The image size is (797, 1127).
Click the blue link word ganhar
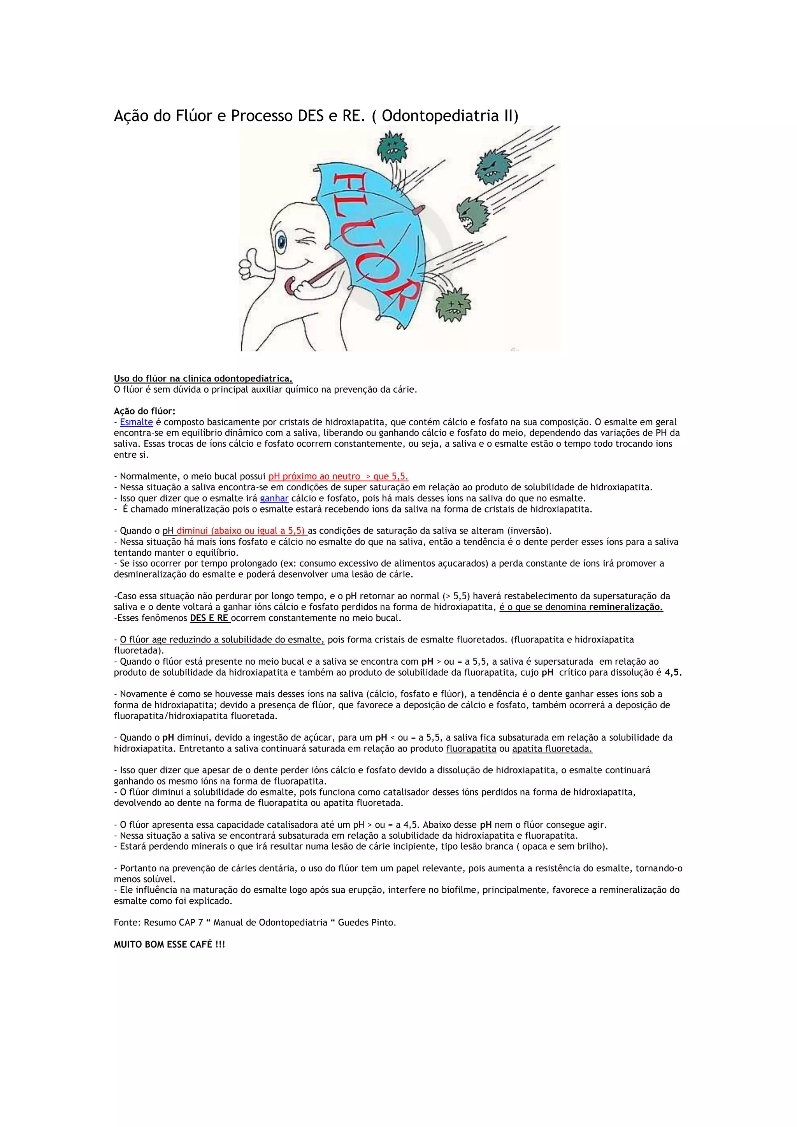click(x=274, y=498)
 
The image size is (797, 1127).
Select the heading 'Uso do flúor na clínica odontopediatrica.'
click(x=203, y=378)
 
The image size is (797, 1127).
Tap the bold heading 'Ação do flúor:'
click(x=144, y=411)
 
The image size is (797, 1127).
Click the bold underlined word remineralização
click(x=626, y=607)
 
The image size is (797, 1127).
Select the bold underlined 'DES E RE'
click(x=209, y=618)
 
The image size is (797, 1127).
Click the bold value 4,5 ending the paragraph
click(x=673, y=672)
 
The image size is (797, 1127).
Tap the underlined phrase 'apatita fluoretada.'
click(x=552, y=749)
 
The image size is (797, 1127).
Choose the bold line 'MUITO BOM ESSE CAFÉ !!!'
click(x=169, y=944)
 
